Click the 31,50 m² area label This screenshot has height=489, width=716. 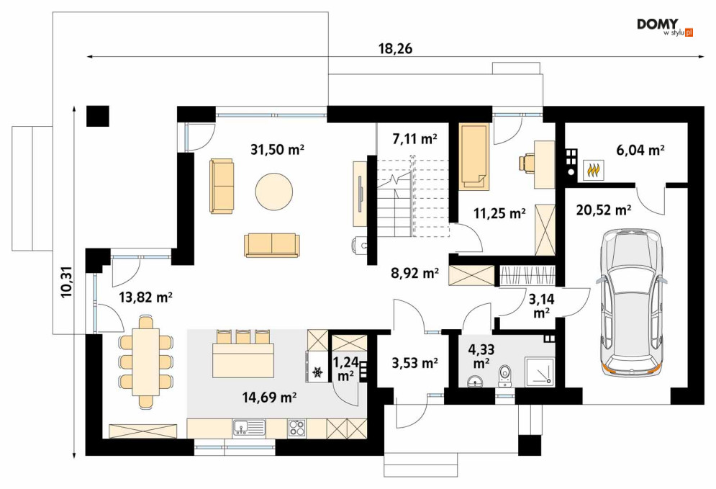click(277, 150)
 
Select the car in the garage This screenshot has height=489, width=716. click(633, 303)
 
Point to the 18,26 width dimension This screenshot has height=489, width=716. click(396, 48)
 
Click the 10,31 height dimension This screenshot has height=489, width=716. click(67, 282)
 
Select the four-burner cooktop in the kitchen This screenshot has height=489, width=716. click(297, 427)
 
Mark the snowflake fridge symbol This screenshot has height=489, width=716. click(317, 372)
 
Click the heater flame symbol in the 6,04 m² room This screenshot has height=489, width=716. click(594, 171)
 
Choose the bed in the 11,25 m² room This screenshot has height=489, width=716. click(474, 156)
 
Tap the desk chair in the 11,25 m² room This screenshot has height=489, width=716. click(527, 163)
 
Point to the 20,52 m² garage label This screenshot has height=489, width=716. click(604, 210)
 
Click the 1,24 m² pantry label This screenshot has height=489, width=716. click(345, 369)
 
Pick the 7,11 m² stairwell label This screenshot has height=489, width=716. click(414, 138)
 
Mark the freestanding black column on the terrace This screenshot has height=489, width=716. click(98, 116)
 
